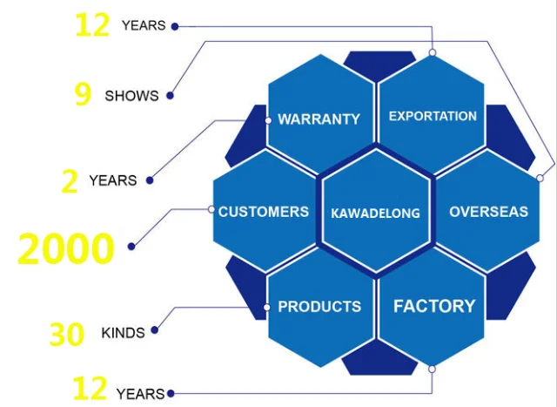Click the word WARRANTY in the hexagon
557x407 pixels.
click(x=319, y=119)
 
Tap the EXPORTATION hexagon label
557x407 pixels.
click(x=433, y=116)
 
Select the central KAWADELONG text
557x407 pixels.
click(x=376, y=213)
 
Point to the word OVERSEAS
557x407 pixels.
click(x=488, y=212)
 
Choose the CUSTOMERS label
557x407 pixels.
click(x=264, y=212)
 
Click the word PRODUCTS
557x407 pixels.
click(x=319, y=307)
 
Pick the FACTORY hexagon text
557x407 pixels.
click(x=434, y=306)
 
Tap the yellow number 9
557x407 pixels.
click(x=83, y=93)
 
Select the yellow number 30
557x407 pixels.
click(x=66, y=334)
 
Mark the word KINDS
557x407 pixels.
click(x=124, y=333)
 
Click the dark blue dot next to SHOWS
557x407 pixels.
click(x=171, y=96)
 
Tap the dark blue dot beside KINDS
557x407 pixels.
click(x=154, y=331)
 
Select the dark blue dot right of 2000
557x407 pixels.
click(x=131, y=247)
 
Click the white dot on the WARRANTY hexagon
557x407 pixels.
click(x=268, y=119)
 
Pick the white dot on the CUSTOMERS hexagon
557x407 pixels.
click(x=211, y=209)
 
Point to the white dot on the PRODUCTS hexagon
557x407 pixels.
click(x=267, y=307)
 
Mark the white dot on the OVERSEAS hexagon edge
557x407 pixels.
click(x=540, y=179)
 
